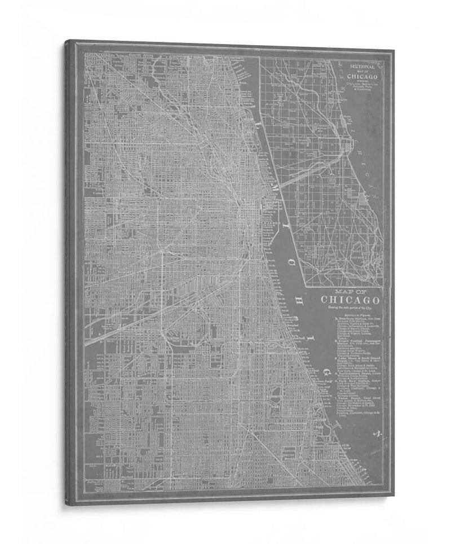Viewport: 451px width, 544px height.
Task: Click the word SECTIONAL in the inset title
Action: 362,66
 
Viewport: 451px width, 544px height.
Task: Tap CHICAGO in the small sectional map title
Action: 362,77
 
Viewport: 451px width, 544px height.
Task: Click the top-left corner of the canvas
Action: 67,41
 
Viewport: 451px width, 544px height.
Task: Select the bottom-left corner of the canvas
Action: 67,504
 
